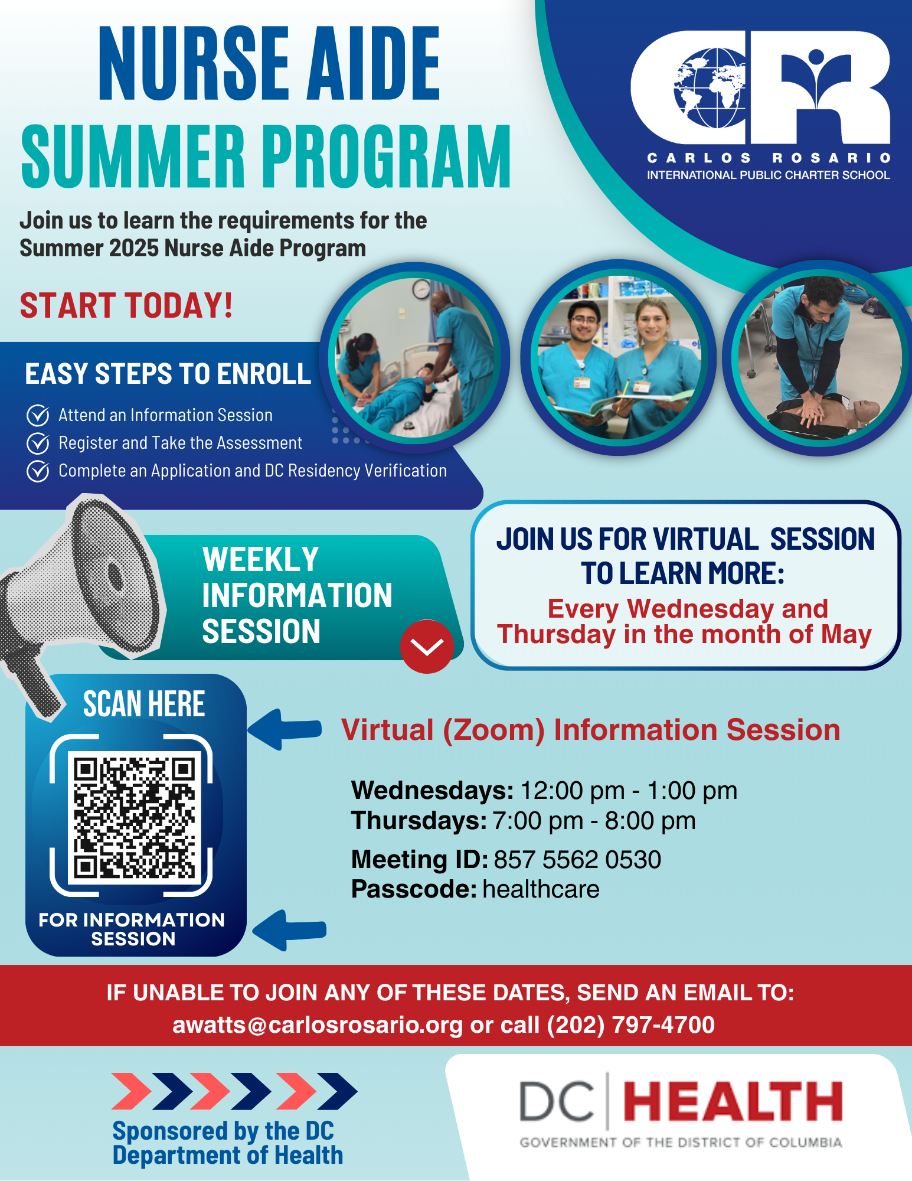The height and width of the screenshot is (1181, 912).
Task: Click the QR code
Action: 135,817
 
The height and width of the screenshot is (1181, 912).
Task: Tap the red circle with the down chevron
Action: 427,647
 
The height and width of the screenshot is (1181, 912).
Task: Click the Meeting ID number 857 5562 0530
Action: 577,859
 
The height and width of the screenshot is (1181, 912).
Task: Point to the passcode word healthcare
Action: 541,889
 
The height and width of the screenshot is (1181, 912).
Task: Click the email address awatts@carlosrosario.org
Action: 318,1025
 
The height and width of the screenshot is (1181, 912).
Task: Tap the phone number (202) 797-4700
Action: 631,1025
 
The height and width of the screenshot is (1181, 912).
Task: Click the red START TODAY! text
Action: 126,305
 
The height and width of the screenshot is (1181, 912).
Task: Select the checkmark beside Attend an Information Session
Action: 38,416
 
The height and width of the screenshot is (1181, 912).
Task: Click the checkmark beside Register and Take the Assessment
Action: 38,443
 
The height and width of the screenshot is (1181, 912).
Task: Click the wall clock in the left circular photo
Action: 421,289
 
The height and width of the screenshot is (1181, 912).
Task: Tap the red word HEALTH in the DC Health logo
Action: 733,1102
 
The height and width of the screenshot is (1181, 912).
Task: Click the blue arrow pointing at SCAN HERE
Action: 285,730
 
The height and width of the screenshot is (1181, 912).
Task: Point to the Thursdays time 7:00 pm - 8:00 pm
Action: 594,821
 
